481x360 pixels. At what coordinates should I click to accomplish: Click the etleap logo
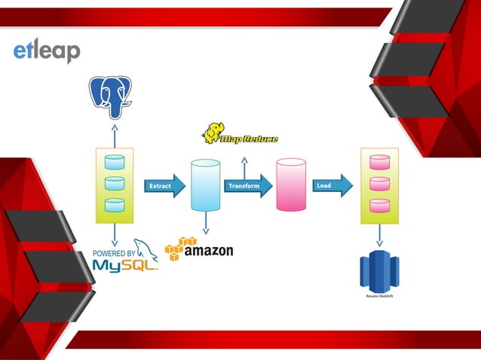pyautogui.click(x=46, y=51)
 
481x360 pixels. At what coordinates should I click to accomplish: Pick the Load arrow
pyautogui.click(x=332, y=185)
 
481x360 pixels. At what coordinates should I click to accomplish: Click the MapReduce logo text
pyautogui.click(x=249, y=139)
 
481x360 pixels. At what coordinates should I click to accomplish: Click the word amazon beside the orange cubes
pyautogui.click(x=209, y=251)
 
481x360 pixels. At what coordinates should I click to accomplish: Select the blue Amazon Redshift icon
pyautogui.click(x=379, y=270)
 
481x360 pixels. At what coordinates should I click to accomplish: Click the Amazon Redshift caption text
pyautogui.click(x=379, y=297)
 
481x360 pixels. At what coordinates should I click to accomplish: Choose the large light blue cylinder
pyautogui.click(x=206, y=185)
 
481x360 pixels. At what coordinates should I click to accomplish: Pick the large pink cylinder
pyautogui.click(x=290, y=185)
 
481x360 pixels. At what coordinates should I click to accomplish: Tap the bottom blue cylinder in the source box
pyautogui.click(x=114, y=205)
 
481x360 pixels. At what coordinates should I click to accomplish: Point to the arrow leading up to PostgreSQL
pyautogui.click(x=114, y=136)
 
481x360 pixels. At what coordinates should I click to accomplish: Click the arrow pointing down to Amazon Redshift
pyautogui.click(x=379, y=236)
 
